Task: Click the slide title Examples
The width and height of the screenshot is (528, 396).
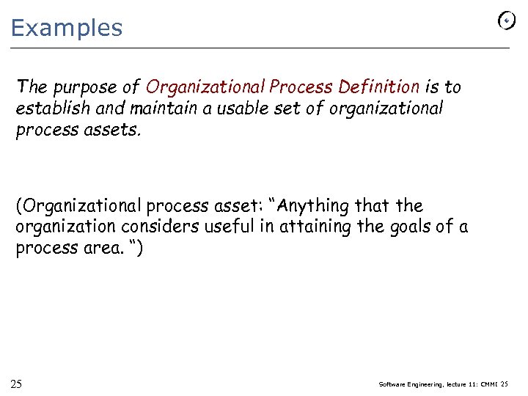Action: pyautogui.click(x=67, y=28)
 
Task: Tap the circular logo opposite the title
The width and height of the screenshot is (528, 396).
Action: pyautogui.click(x=506, y=21)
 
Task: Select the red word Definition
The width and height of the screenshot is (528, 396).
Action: pyautogui.click(x=378, y=87)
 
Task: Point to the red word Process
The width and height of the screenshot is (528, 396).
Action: pyautogui.click(x=303, y=87)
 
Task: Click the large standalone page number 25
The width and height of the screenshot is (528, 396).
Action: pyautogui.click(x=15, y=384)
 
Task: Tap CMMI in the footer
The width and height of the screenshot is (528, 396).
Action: pyautogui.click(x=487, y=385)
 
